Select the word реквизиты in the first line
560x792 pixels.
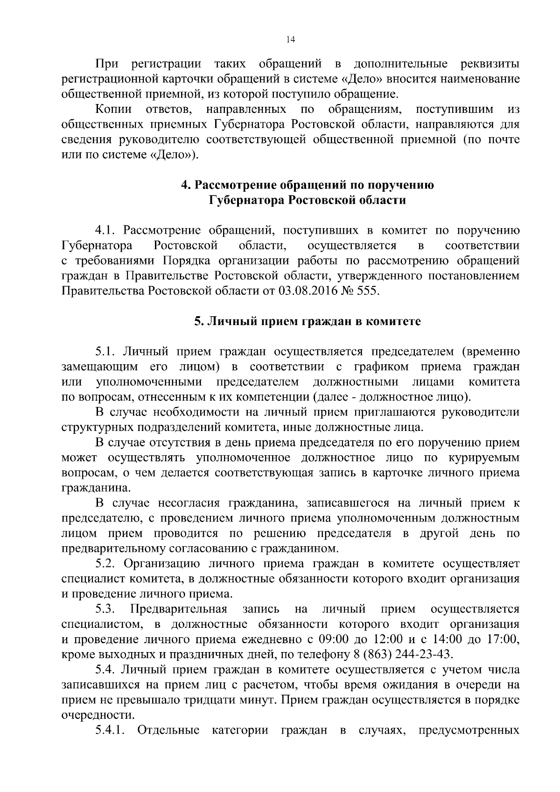(x=490, y=64)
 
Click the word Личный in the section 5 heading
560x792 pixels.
(x=228, y=321)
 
